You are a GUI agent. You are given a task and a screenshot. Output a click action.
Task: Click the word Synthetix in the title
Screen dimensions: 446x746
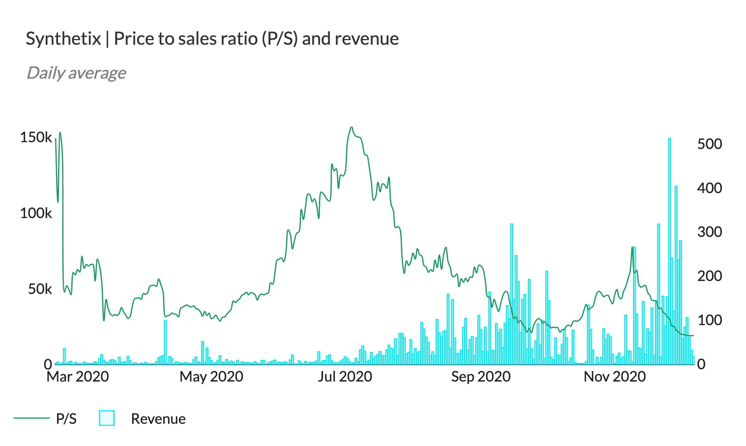tap(63, 39)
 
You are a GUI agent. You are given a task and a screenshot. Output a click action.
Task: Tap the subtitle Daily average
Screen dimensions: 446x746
tap(76, 73)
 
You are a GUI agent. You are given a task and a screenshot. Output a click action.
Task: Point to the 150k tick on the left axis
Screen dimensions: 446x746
tap(36, 137)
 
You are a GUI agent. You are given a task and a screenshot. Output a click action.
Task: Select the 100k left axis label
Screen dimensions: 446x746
tap(36, 213)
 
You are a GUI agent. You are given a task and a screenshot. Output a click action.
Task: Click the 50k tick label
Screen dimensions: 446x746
tap(40, 289)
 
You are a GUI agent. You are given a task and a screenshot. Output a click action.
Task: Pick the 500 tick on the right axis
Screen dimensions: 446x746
tap(709, 144)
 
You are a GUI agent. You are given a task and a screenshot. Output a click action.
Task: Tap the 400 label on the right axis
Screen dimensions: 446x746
tap(709, 188)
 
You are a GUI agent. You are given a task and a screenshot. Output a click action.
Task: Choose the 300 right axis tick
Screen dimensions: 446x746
tap(709, 232)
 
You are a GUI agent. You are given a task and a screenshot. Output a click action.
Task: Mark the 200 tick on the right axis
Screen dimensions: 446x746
tap(709, 276)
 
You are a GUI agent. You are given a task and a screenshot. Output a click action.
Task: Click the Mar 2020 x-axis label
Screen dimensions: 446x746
tap(78, 377)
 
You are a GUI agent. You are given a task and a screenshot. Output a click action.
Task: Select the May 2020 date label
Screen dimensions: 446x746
tap(211, 377)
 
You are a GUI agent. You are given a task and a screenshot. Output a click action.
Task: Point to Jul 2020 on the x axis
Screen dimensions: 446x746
tap(345, 377)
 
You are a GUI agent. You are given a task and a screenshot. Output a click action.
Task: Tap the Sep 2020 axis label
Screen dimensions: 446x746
tap(481, 377)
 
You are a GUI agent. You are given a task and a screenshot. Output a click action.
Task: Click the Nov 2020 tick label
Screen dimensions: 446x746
tap(614, 377)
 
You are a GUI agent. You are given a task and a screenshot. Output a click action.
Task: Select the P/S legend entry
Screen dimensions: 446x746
tap(66, 419)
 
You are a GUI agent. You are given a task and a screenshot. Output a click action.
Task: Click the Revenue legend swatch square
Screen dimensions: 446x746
tap(107, 418)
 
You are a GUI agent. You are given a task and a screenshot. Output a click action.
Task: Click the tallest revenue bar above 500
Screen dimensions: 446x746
tap(669, 247)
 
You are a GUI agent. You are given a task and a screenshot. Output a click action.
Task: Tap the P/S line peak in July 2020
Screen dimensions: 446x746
tap(351, 127)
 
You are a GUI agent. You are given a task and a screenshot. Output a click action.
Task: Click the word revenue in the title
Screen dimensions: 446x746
tap(367, 39)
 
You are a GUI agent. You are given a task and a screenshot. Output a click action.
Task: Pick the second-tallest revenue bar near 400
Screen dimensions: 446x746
tap(676, 271)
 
